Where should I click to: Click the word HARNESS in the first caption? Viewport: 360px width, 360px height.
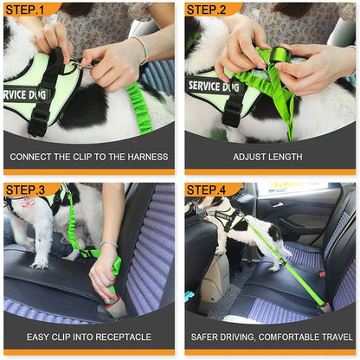tap(146, 157)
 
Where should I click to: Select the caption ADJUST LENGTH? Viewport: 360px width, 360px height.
tap(269, 157)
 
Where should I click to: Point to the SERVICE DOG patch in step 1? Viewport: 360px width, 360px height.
tap(26, 93)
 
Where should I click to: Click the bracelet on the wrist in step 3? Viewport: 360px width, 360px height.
tap(107, 246)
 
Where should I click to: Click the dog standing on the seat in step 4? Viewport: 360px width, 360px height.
tap(234, 225)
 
